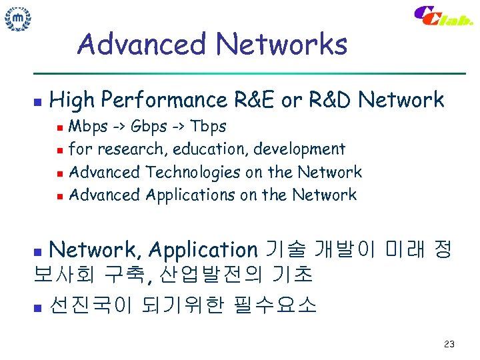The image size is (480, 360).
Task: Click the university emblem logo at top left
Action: [18, 18]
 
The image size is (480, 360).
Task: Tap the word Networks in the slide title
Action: [281, 45]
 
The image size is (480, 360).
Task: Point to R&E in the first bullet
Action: [255, 101]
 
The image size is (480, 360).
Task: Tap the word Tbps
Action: [209, 127]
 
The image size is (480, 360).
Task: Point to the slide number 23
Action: [449, 345]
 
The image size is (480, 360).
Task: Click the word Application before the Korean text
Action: [203, 251]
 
